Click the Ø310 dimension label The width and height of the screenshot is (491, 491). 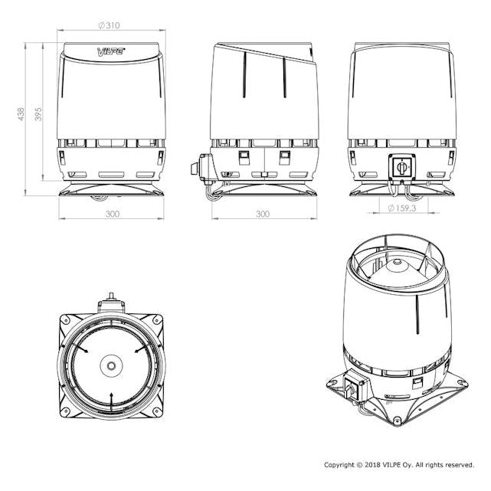coord(109,25)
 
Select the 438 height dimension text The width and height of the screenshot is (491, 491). coord(21,114)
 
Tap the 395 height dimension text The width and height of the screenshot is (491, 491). coord(38,114)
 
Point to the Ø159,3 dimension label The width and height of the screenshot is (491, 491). coord(401,208)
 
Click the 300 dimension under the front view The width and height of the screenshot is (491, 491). coord(113,214)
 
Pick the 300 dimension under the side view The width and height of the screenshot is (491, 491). coord(263,214)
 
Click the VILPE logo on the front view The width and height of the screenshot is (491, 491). coord(111,51)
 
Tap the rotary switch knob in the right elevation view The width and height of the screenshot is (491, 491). coord(401,166)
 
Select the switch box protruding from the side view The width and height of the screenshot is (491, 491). coord(202,168)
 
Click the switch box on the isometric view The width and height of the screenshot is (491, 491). coord(354,385)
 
